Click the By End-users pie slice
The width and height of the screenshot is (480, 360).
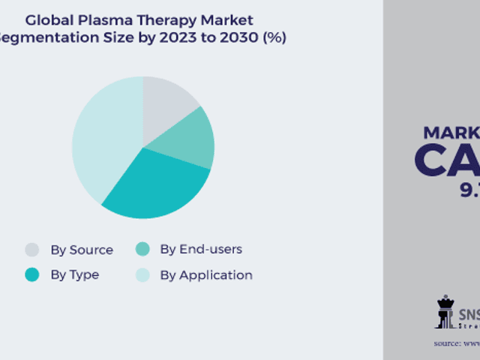coord(190,140)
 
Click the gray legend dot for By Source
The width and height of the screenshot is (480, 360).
coord(32,250)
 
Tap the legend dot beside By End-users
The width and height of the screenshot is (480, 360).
coord(142,249)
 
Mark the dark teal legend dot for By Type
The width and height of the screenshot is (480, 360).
coord(32,274)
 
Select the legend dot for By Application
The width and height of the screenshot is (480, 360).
coord(142,275)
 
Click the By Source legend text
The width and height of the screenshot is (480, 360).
coord(82,250)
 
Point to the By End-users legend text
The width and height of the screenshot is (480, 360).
coord(201,249)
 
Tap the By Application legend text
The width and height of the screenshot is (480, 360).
coord(206,275)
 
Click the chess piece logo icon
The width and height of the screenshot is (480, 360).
coord(445,311)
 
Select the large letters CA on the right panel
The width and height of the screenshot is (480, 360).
coord(446,160)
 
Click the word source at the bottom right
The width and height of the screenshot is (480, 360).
coord(448,343)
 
